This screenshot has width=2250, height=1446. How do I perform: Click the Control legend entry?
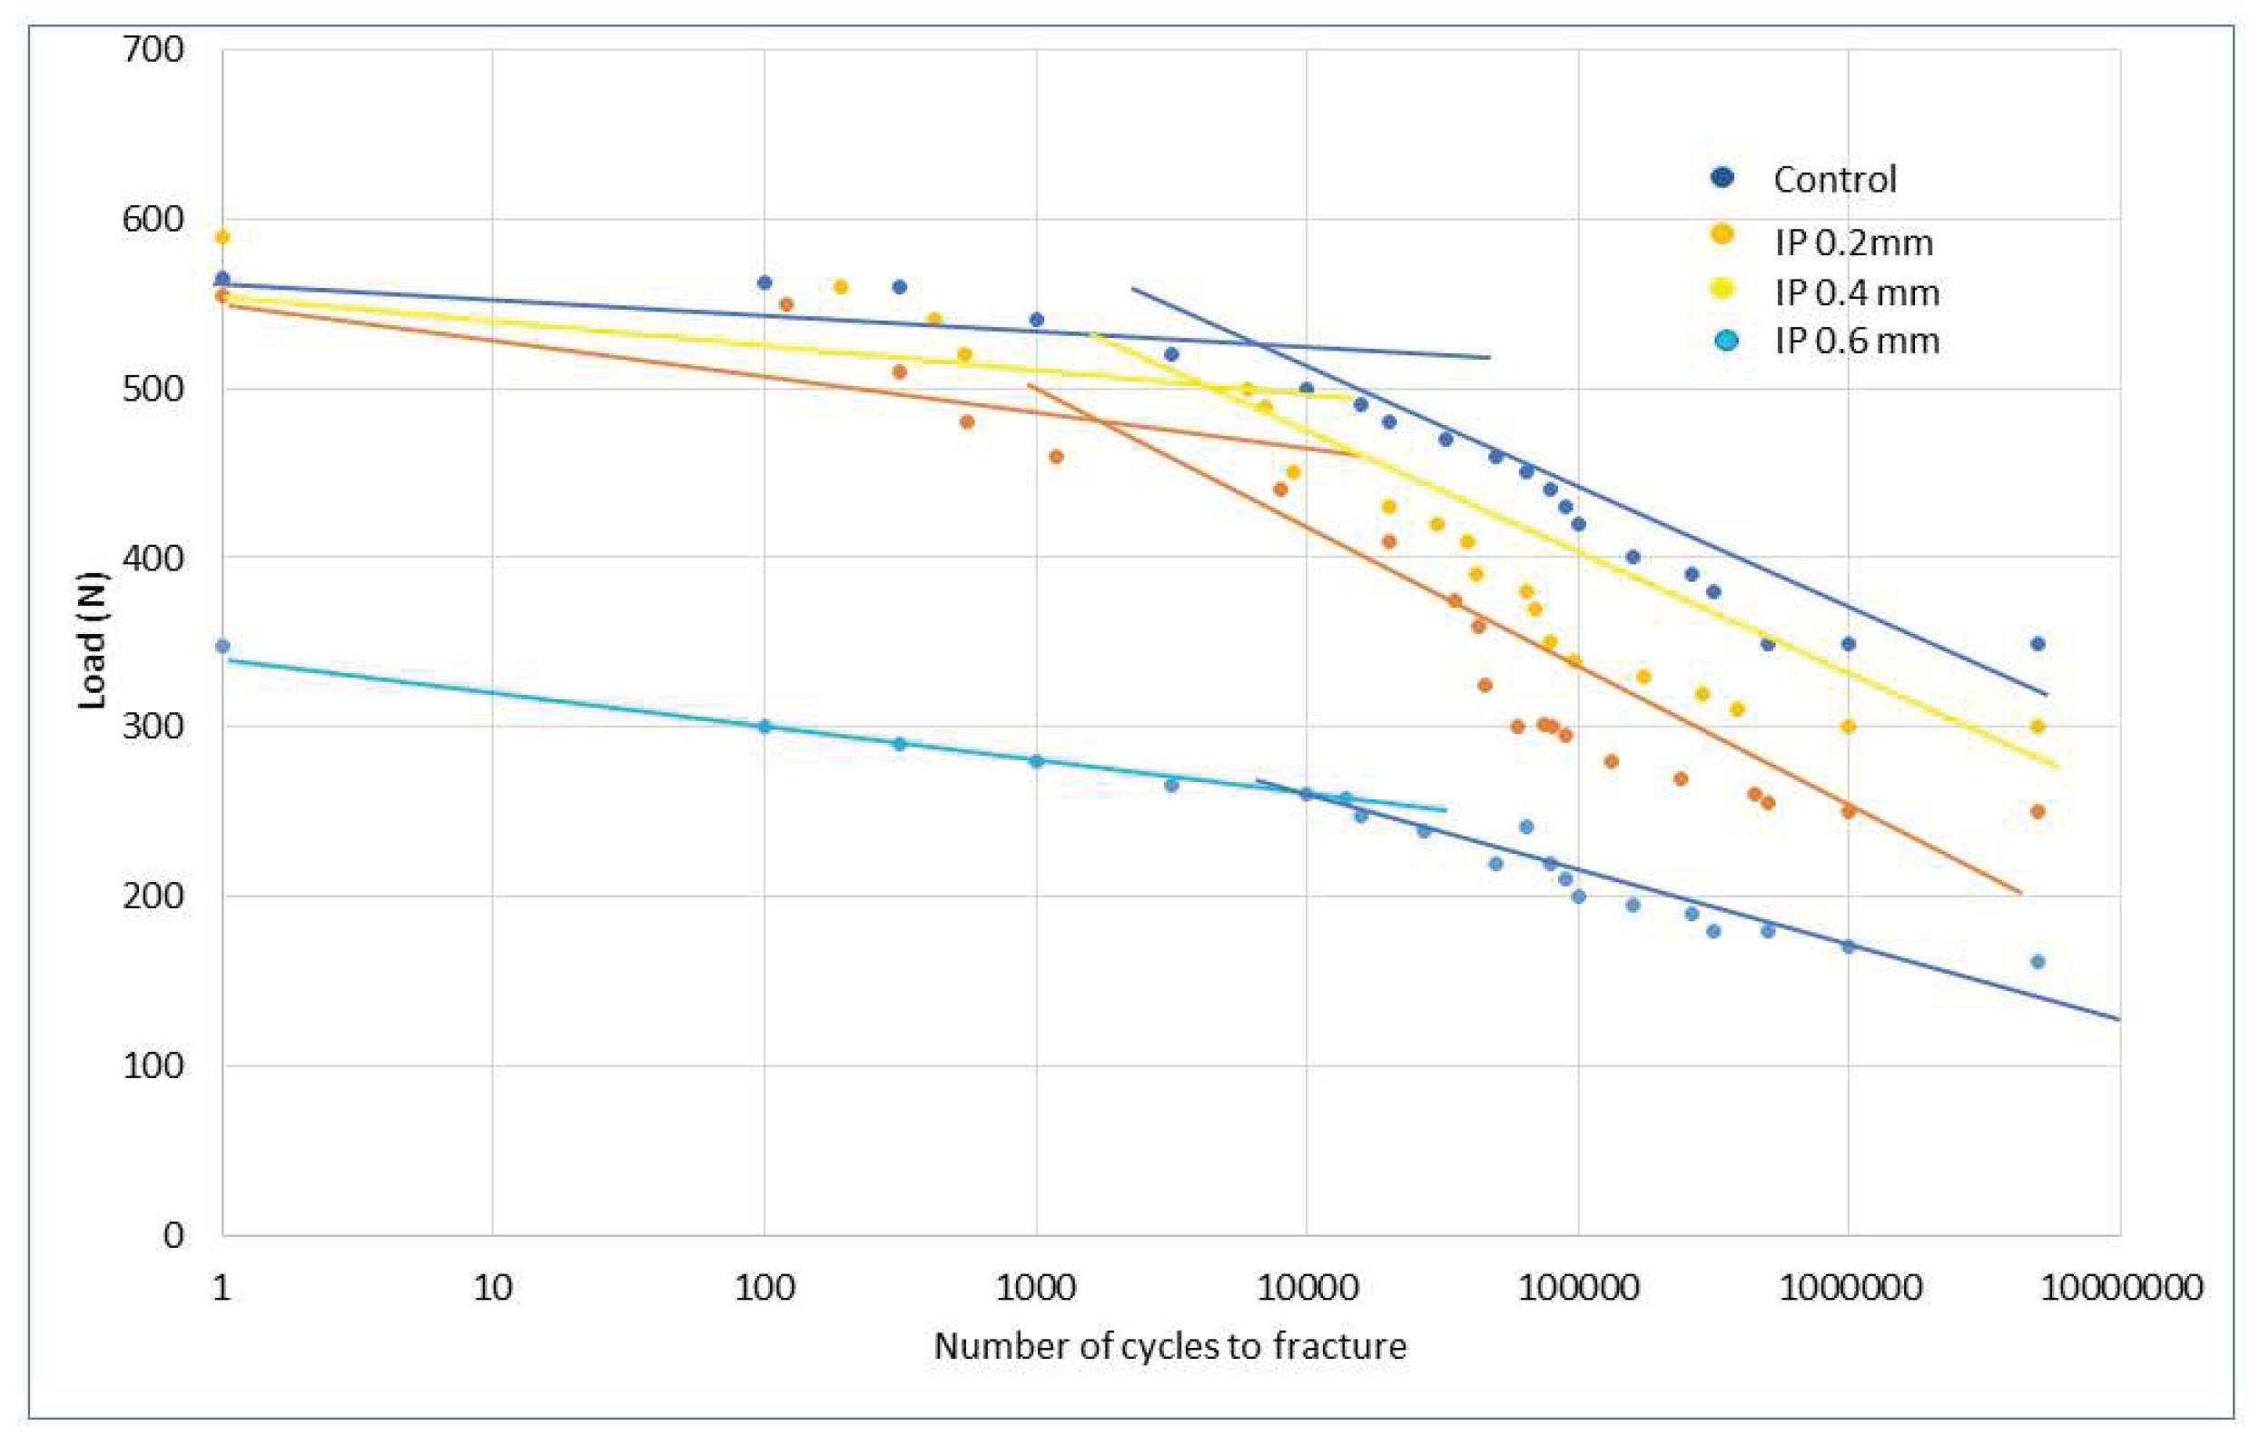tap(1833, 179)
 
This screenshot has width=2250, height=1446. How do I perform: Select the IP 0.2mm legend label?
tap(1853, 243)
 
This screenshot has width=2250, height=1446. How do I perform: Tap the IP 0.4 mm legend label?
tap(1856, 293)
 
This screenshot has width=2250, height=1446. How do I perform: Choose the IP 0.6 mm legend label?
tap(1856, 340)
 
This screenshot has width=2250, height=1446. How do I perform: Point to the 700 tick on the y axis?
tap(153, 49)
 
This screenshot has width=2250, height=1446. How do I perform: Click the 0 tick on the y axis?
tap(173, 1233)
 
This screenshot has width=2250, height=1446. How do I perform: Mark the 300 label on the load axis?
tap(153, 727)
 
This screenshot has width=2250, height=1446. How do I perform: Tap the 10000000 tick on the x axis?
tap(2119, 1286)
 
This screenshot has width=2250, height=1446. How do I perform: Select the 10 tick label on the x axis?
tap(493, 1286)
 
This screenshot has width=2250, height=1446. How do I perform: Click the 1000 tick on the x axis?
tap(1035, 1286)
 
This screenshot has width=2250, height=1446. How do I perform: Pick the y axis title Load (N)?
tap(91, 640)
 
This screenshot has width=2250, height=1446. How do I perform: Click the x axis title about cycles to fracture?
tap(1169, 1345)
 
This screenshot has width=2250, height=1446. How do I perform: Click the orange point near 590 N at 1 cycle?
tap(222, 237)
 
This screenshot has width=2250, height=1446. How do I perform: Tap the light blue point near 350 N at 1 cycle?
tap(222, 646)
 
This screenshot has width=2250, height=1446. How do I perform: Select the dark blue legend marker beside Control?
tap(1722, 176)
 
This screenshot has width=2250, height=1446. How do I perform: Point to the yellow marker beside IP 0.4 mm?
tap(1723, 289)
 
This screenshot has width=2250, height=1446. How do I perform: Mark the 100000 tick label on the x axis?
tap(1578, 1286)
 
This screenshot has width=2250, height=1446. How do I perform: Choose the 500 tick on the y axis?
tap(153, 388)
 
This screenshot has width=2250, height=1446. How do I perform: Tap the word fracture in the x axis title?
tap(1339, 1345)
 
